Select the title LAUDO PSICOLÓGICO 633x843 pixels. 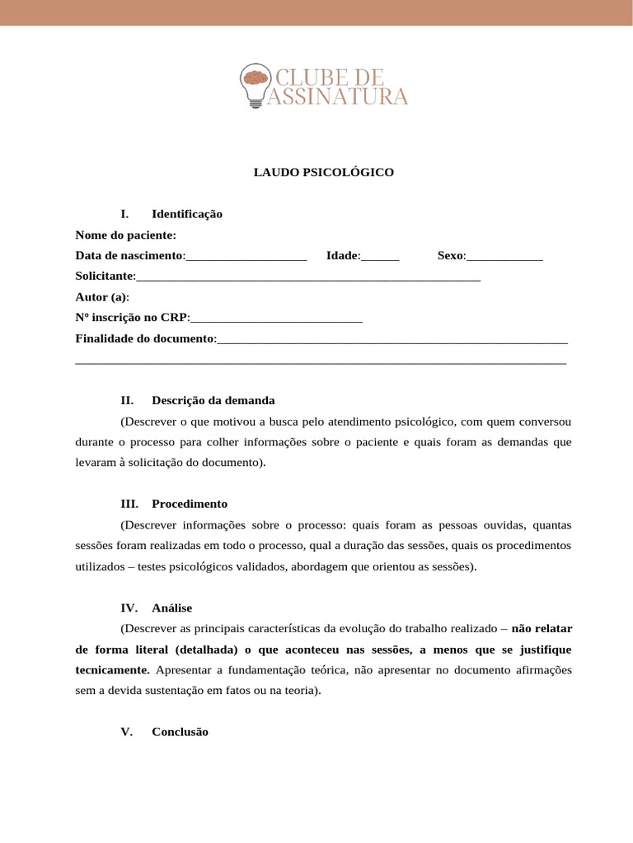pos(323,173)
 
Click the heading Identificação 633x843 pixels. pos(187,214)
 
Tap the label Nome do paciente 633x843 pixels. pos(126,235)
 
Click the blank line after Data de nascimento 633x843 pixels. pos(246,256)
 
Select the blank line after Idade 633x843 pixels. pos(380,256)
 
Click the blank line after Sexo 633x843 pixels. pos(504,256)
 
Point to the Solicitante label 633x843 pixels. pos(105,277)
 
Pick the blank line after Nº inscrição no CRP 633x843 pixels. pos(276,318)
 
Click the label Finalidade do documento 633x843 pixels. pos(145,338)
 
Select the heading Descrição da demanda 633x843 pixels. pos(213,401)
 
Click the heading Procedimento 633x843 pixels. pos(190,504)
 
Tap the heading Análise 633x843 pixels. pos(171,608)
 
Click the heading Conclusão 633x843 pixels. pos(180,732)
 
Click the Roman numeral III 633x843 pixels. pos(129,504)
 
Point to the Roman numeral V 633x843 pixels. pos(126,732)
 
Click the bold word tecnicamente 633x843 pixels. pos(113,670)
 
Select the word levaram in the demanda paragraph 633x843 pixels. pos(96,463)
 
